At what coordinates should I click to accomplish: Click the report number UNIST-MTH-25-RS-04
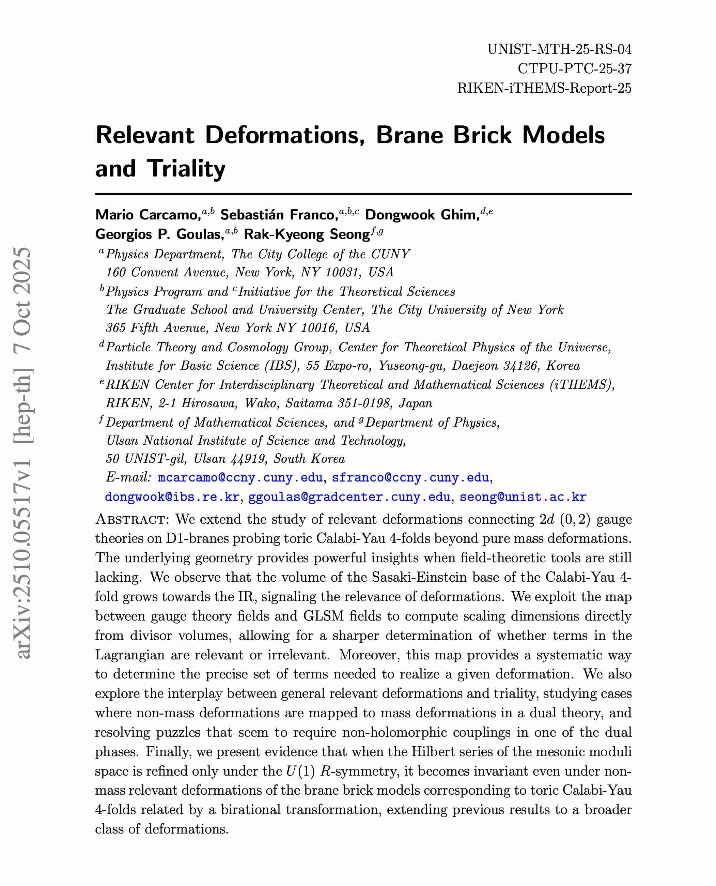559,49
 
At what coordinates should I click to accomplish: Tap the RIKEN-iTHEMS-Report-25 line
544,88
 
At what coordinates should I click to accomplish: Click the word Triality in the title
186,168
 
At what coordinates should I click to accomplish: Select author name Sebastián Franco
279,215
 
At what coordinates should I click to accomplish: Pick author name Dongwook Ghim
422,215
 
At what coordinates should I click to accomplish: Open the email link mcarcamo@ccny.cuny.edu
240,477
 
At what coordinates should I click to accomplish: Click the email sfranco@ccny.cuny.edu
410,477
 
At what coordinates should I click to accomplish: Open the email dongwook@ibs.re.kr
172,497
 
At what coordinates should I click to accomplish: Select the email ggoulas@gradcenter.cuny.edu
349,497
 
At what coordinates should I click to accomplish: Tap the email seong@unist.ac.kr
523,497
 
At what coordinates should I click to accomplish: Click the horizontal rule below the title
363,194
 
